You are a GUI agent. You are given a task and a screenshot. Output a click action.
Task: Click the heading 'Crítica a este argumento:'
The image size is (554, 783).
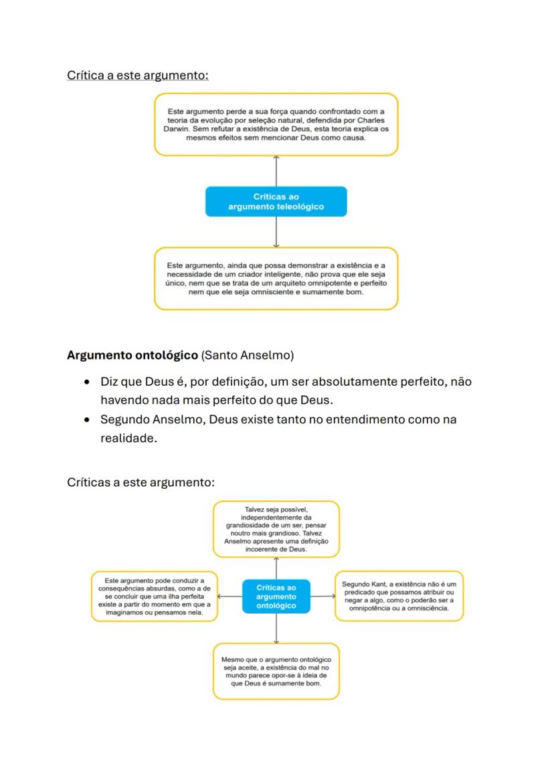coord(138,75)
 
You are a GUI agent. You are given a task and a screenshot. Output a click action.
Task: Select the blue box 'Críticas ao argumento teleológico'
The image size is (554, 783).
coord(276,201)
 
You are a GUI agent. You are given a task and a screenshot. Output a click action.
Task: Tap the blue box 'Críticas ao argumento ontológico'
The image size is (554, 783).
coord(276,596)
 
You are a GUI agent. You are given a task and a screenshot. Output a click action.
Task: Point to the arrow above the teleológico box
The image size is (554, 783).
coord(276,171)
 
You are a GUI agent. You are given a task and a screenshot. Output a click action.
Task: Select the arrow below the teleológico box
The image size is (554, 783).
coord(276,232)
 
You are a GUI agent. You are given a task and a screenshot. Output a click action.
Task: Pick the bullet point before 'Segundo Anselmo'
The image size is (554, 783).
coord(87,421)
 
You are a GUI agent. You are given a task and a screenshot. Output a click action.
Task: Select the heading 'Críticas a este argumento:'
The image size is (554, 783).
coord(141,482)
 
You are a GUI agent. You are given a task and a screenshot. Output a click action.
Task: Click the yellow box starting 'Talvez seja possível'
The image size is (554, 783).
coord(276,529)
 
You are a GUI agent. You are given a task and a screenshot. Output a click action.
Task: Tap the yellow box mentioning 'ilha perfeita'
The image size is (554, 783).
coord(155,596)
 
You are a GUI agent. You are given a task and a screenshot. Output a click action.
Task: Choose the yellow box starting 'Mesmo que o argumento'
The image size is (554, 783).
coord(276,671)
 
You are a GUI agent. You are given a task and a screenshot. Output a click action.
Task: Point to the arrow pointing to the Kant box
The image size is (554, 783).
coord(322,596)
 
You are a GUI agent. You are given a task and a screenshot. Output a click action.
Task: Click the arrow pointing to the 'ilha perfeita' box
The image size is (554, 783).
coord(230,596)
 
